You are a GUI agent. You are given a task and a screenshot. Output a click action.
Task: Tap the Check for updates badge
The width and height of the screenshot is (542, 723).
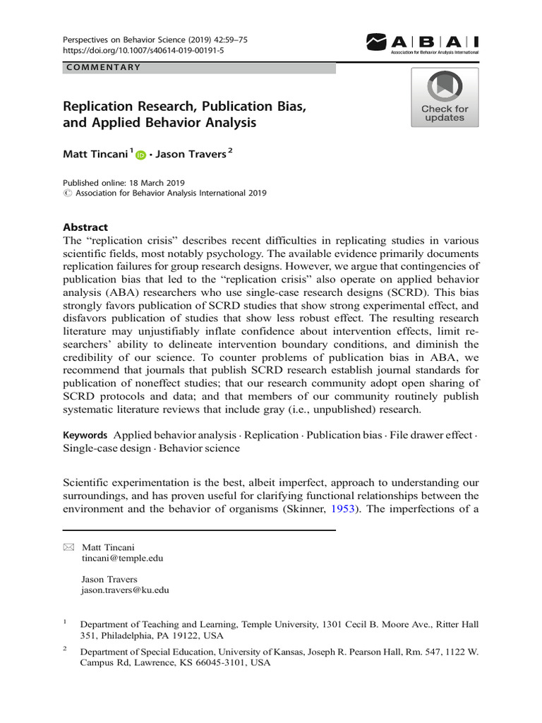(x=445, y=97)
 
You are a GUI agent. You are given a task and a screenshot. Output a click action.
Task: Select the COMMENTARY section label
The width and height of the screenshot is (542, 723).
(x=103, y=68)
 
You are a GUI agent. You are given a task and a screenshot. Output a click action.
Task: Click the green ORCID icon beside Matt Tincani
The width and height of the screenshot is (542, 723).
(x=140, y=155)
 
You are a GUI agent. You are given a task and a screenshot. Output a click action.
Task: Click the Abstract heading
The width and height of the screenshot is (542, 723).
(x=85, y=227)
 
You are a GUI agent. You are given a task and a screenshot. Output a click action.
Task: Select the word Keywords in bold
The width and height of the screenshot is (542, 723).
(x=85, y=435)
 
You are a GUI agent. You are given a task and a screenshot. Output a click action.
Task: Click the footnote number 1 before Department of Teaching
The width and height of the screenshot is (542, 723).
(x=65, y=622)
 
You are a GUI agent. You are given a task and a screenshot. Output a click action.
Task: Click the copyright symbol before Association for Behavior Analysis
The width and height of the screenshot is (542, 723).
(x=67, y=193)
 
